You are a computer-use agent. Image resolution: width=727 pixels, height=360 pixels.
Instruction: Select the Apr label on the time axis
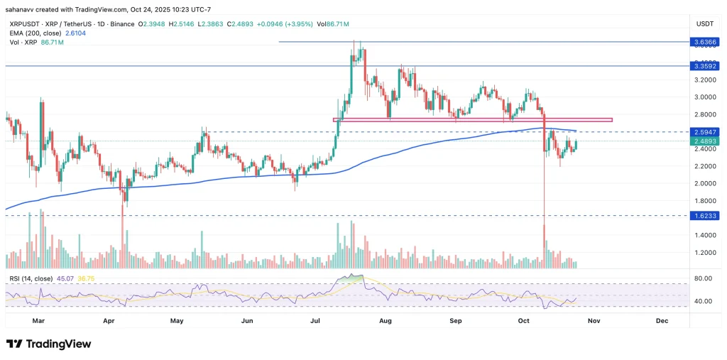point(109,321)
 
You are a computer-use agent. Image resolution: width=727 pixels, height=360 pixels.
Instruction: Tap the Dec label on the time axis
point(662,321)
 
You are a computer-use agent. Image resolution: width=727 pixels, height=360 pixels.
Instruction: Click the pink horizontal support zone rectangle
point(472,120)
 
